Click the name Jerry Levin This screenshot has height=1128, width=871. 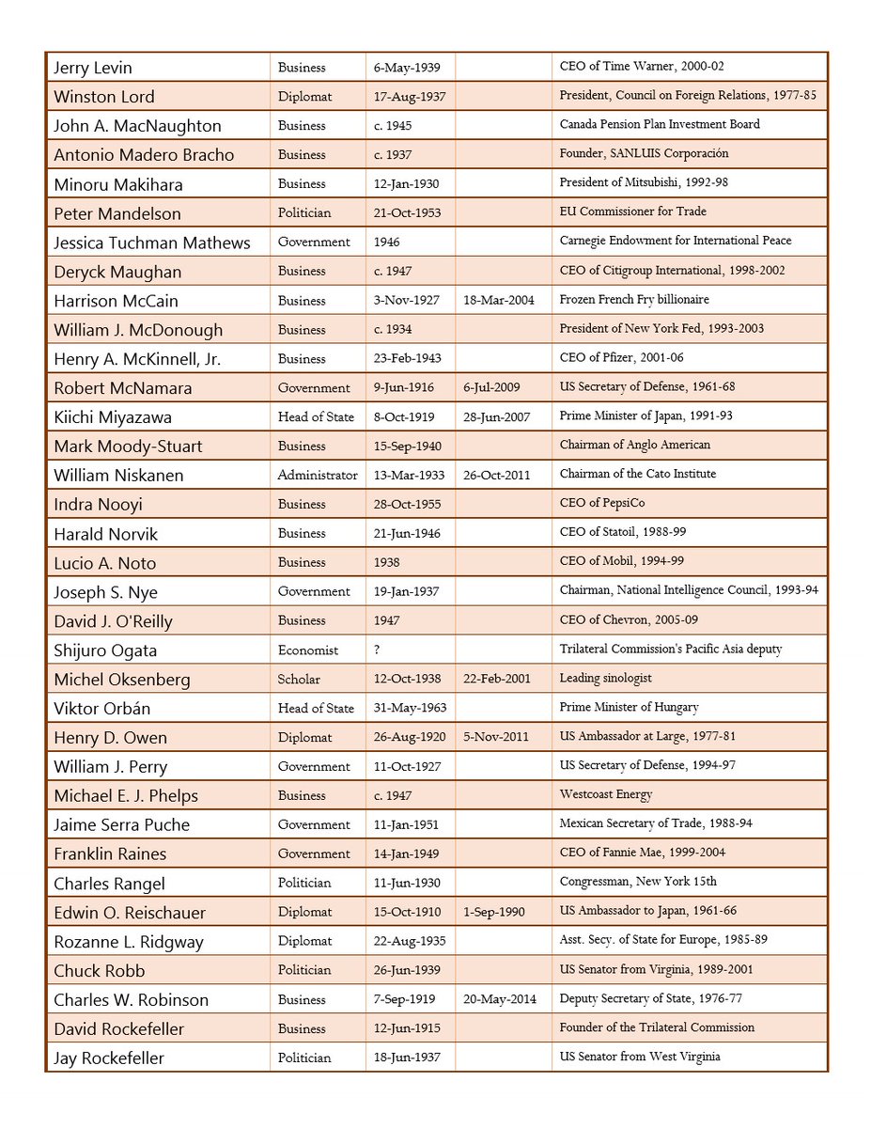point(93,68)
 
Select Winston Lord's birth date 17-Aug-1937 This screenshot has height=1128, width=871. point(409,97)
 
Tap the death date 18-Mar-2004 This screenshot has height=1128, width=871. point(499,301)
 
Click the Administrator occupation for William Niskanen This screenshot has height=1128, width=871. point(318,476)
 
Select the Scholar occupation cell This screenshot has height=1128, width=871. point(299,680)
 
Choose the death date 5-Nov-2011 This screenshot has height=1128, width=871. point(499,738)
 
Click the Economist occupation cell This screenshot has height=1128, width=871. point(306,650)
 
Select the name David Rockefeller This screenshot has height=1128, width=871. point(118,1029)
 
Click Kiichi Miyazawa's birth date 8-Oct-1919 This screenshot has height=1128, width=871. point(407,417)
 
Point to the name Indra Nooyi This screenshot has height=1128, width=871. point(98,505)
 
